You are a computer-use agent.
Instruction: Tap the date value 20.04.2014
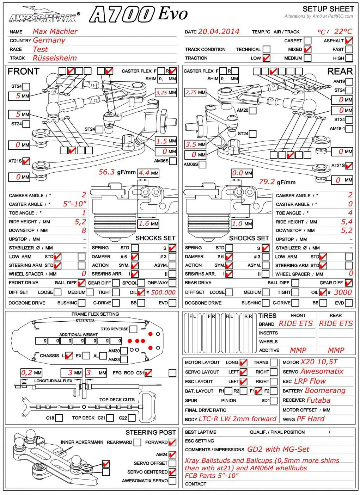[219, 32]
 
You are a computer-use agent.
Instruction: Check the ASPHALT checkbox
[349, 41]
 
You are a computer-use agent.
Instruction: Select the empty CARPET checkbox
[307, 41]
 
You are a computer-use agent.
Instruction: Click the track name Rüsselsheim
[55, 58]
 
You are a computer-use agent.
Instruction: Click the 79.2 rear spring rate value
[267, 181]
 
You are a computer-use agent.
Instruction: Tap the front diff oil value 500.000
[163, 292]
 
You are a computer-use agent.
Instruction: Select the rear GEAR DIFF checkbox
[349, 283]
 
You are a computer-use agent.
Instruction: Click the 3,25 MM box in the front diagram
[166, 92]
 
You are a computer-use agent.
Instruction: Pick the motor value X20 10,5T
[319, 362]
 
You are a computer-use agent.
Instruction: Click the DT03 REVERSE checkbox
[133, 329]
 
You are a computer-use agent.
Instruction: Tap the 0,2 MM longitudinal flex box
[31, 373]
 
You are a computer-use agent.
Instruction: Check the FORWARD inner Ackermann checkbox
[172, 442]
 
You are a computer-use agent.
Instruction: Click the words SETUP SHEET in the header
[328, 9]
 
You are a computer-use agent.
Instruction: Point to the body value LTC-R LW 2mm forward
[238, 419]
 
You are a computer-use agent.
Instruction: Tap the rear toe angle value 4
[350, 212]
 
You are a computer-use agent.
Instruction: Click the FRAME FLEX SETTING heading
[95, 314]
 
